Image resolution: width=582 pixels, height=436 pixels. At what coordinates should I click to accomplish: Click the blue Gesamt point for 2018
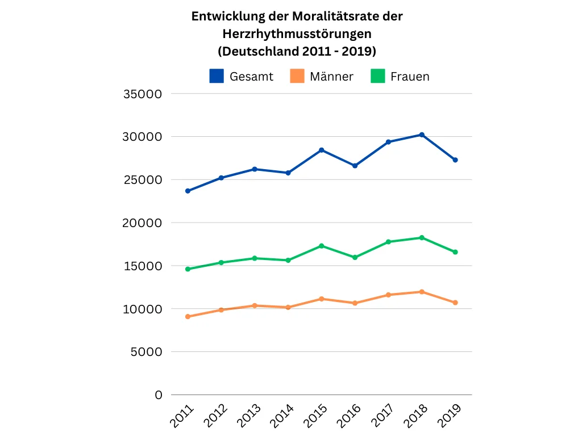422,135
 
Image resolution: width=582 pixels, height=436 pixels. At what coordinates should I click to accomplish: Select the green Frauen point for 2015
322,246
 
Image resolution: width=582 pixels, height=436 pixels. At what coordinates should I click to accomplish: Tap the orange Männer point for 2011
188,317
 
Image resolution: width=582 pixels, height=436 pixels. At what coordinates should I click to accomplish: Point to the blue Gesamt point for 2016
355,166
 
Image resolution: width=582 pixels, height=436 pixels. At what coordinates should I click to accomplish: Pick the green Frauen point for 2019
455,252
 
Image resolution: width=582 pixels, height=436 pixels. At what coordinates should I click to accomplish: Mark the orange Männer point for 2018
422,292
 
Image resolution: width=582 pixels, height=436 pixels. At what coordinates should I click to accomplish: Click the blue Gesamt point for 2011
188,191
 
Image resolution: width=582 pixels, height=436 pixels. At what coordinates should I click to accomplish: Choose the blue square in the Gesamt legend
217,76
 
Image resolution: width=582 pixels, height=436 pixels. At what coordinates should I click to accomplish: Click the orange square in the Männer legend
297,76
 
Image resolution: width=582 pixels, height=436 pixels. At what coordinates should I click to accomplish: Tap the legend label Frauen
410,77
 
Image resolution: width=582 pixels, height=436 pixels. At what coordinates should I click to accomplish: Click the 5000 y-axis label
147,352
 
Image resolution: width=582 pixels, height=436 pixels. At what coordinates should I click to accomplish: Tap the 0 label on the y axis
159,395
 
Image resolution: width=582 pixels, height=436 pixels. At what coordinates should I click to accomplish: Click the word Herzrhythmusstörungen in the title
297,33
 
